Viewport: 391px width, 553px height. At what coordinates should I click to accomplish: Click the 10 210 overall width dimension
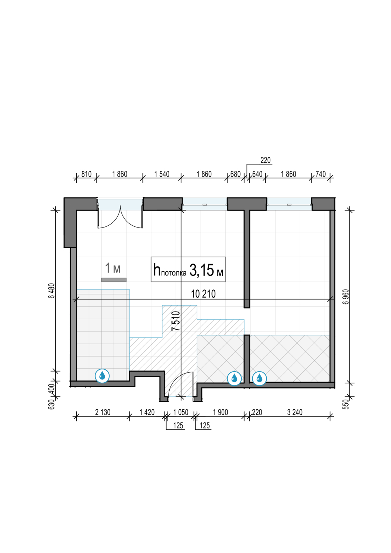203,294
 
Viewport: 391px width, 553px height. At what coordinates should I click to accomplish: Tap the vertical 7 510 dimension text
176,321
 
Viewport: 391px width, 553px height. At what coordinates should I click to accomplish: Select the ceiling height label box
188,269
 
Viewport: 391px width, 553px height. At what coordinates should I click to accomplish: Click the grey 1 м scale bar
114,280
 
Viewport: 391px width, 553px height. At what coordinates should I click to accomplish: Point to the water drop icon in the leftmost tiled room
102,376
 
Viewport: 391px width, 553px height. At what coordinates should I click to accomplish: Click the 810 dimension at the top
86,174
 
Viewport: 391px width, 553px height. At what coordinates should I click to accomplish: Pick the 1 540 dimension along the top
162,174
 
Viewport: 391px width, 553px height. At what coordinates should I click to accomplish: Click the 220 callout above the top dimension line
266,160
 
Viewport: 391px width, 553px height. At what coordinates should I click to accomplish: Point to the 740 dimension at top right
321,174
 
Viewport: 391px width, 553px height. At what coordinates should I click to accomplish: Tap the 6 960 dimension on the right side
346,296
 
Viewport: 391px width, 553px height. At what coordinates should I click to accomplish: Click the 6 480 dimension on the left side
52,291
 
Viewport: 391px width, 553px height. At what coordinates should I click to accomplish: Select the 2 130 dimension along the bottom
103,412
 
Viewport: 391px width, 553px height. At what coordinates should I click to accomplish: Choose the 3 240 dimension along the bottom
295,412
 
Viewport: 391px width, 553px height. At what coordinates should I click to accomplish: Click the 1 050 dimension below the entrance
180,412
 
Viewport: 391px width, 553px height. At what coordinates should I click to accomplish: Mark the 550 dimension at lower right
346,404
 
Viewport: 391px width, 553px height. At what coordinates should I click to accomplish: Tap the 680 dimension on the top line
235,174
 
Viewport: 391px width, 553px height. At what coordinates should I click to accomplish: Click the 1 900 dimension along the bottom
220,412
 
